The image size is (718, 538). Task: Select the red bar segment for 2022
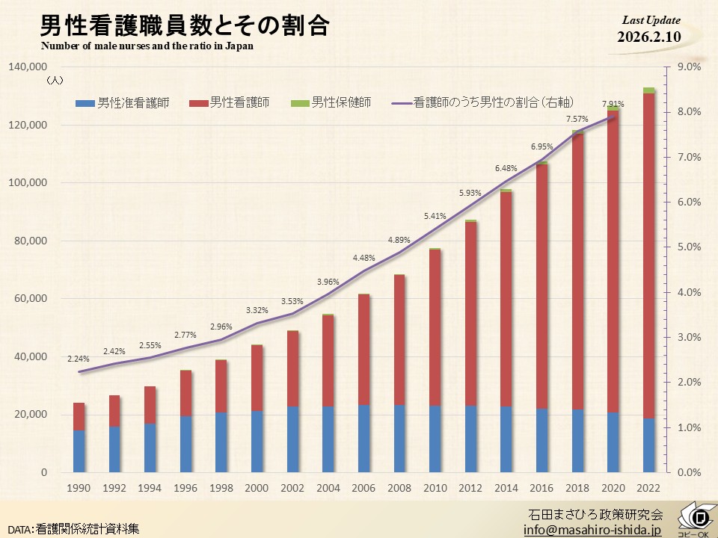648,254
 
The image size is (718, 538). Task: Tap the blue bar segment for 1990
79,451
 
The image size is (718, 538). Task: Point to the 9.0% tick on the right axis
688,67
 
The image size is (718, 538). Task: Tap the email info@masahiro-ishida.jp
592,529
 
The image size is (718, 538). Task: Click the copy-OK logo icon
697,519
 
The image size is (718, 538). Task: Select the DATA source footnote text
73,528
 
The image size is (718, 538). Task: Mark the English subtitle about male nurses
147,46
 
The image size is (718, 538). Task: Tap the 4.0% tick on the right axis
688,292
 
